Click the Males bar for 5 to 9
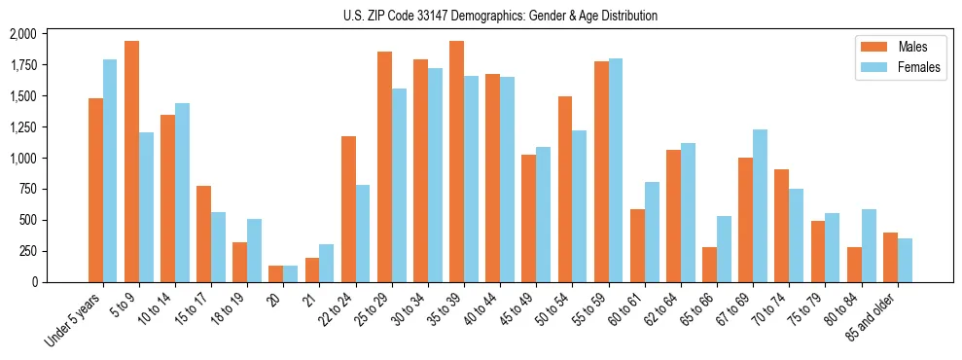[131, 162]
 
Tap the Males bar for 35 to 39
[456, 162]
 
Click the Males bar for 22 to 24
[348, 209]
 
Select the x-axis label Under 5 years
[76, 321]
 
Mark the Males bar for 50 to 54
[565, 190]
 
